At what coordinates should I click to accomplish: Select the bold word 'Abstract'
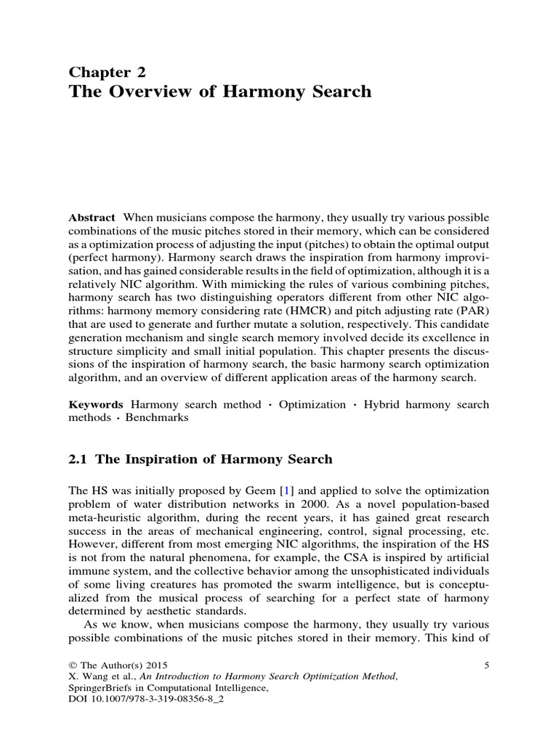pyautogui.click(x=92, y=218)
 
